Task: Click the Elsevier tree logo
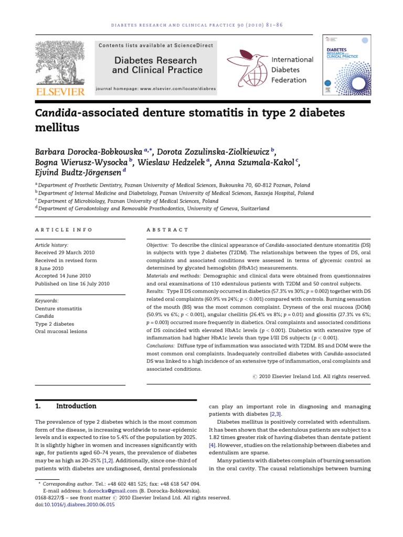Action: [x=59, y=61]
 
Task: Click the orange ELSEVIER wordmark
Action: [x=59, y=92]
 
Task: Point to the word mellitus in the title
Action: [x=57, y=127]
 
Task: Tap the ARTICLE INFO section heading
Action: [x=63, y=230]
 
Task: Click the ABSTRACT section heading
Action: [x=167, y=230]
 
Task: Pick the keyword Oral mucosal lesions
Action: [x=61, y=331]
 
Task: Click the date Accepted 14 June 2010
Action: [x=62, y=275]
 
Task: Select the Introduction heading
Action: [x=76, y=406]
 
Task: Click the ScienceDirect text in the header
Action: [x=195, y=46]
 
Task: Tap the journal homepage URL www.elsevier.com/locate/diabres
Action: [x=175, y=89]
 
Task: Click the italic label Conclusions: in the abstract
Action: [x=164, y=346]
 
